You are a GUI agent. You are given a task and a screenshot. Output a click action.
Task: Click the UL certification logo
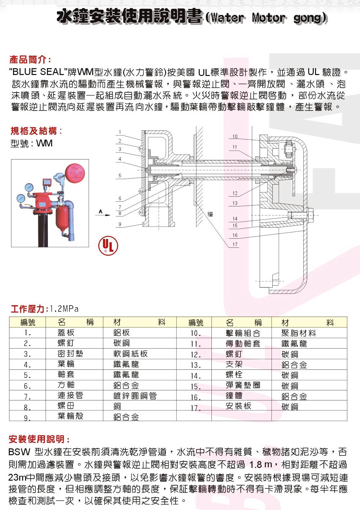click(x=108, y=245)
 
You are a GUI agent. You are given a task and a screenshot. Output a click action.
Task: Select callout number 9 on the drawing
click(x=120, y=224)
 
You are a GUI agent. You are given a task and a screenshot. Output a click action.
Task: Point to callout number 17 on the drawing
click(x=235, y=244)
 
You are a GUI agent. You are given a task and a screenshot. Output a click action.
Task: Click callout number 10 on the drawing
click(x=235, y=137)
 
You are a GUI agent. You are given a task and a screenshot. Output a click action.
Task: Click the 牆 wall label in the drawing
click(x=210, y=214)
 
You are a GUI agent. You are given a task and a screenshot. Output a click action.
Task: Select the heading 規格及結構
click(x=36, y=131)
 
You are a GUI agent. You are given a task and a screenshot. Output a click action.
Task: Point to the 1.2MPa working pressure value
click(x=65, y=308)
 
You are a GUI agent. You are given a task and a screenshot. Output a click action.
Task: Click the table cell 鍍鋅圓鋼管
click(x=135, y=396)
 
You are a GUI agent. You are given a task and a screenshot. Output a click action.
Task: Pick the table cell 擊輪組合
click(x=243, y=333)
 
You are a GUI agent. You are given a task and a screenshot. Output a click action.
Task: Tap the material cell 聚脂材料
click(x=298, y=333)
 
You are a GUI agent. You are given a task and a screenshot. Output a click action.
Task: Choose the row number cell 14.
click(x=195, y=376)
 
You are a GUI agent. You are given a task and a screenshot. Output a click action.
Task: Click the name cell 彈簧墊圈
click(x=243, y=385)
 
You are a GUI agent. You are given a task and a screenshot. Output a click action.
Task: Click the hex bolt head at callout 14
click(x=310, y=215)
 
